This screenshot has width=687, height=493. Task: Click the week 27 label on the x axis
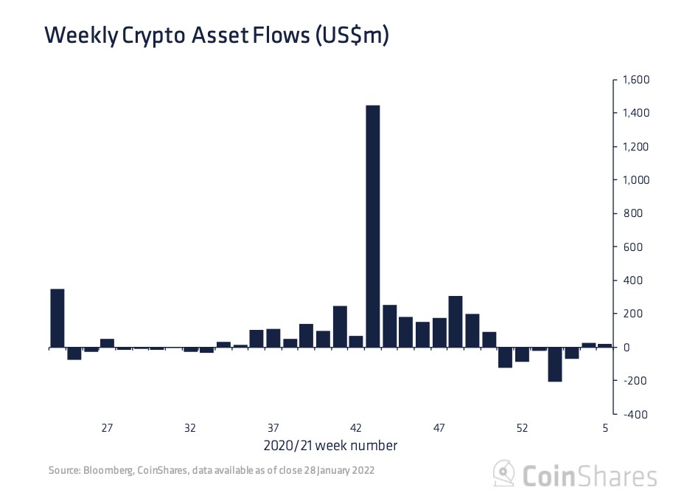(x=107, y=428)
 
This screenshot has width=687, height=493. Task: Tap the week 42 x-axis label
(x=356, y=428)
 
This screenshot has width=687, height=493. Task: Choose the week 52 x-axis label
(x=522, y=428)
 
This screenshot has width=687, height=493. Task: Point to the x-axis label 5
(x=605, y=428)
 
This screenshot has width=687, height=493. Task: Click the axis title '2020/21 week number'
(x=329, y=446)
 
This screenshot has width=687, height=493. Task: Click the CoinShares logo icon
(x=504, y=473)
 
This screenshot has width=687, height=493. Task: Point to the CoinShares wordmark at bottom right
(x=589, y=475)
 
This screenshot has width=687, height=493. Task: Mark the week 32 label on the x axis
(x=190, y=428)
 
